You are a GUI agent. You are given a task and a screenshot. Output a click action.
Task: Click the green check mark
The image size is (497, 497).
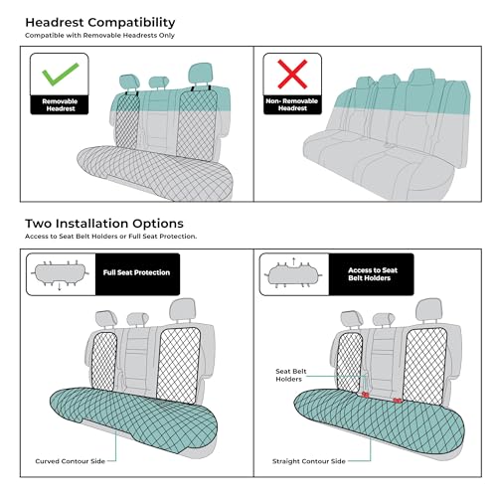pos(60,74)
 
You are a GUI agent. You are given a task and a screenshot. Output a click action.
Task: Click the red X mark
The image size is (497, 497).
pos(292,74)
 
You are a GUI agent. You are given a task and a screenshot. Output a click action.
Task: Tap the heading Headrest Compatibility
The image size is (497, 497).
pos(100,23)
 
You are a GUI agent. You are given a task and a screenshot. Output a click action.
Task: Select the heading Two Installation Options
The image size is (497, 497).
pos(104,224)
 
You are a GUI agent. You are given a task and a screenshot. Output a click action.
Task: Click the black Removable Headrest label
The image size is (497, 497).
pos(60,104)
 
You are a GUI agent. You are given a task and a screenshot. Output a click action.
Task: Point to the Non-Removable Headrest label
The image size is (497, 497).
pos(292,104)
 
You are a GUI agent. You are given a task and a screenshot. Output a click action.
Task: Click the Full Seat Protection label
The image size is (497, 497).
pos(136,272)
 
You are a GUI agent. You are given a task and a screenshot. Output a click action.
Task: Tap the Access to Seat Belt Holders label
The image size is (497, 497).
pos(372,274)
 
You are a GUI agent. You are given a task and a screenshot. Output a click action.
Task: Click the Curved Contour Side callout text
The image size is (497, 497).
pos(70,461)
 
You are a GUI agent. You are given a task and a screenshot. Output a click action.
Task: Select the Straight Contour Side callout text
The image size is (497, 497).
pos(308,461)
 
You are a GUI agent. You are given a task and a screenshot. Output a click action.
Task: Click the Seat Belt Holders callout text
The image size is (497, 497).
pos(290,375)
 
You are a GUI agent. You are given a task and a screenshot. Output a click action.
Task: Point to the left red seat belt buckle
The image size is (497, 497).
pos(365,395)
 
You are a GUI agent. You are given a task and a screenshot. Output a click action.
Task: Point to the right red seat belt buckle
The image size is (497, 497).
pos(397,401)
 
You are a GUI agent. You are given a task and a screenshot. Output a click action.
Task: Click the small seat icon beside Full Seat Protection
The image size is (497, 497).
pos(61,274)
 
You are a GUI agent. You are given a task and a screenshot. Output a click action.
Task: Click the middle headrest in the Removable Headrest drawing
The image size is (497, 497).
pos(159,82)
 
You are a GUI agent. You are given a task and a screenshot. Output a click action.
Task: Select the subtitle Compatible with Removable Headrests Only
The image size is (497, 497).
pos(99,35)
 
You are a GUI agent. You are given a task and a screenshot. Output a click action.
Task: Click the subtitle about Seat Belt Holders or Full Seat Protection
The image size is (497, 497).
pos(110,237)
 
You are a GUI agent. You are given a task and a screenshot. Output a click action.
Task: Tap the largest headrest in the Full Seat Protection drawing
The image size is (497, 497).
pos(183,309)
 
